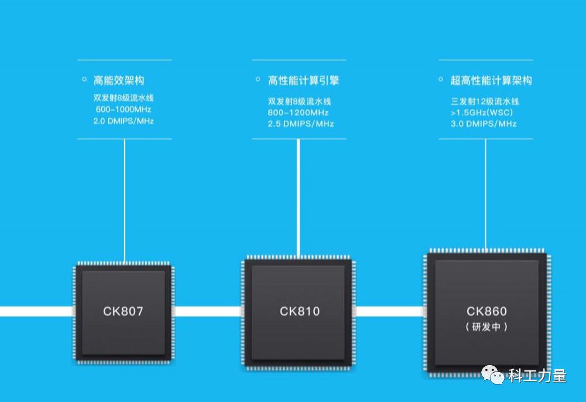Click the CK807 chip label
click(x=123, y=311)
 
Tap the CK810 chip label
click(x=300, y=311)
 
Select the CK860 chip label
click(x=486, y=311)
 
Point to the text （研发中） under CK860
click(x=486, y=327)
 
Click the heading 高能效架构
click(x=119, y=80)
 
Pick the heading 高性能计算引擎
click(x=303, y=80)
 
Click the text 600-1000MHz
click(x=124, y=110)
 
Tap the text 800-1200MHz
click(x=298, y=111)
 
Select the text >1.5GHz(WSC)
click(x=482, y=111)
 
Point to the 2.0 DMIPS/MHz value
click(x=124, y=121)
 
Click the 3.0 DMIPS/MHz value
click(x=484, y=124)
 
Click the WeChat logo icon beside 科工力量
click(x=492, y=374)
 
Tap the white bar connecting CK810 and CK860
click(x=389, y=311)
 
